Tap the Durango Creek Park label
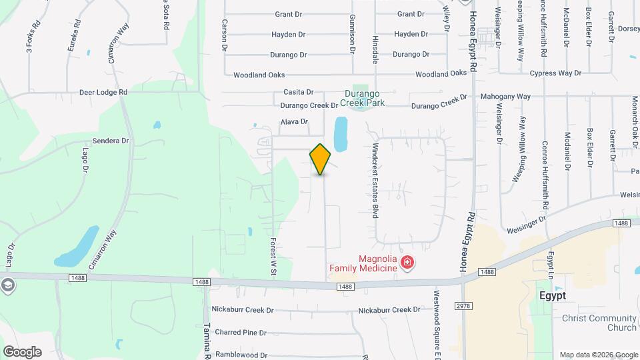click(364, 98)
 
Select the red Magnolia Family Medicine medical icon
click(406, 266)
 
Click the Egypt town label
click(552, 295)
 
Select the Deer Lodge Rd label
click(103, 92)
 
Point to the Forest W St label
click(273, 254)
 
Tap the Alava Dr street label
click(294, 122)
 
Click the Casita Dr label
click(298, 92)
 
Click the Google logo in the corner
click(21, 352)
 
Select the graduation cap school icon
click(7, 286)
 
